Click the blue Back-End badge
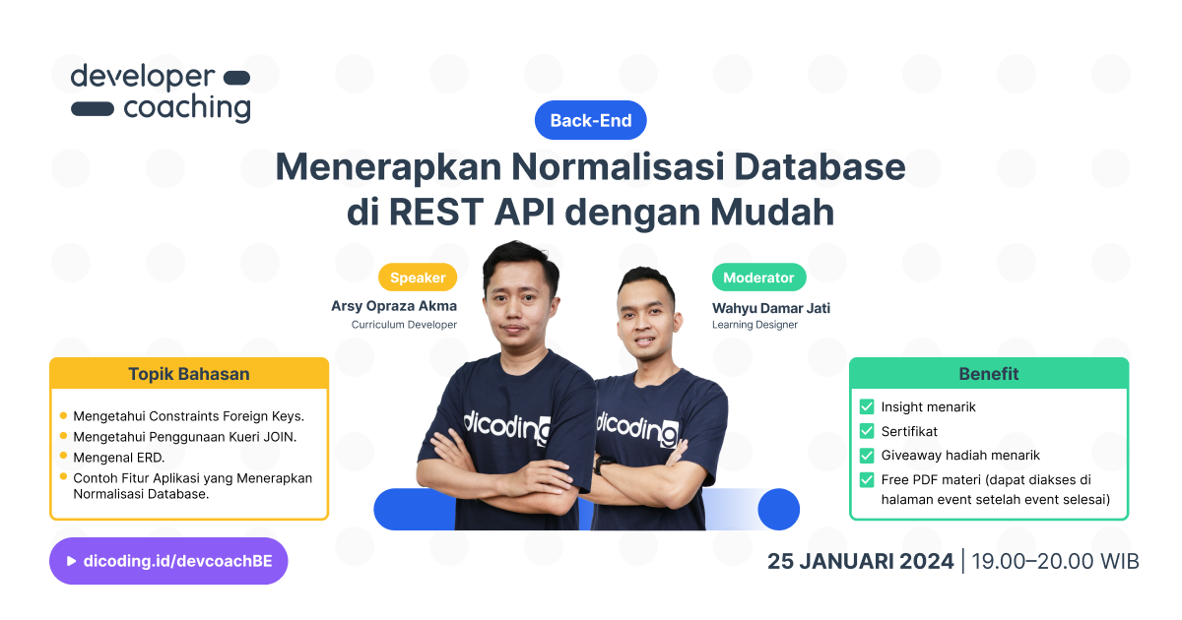pyautogui.click(x=590, y=120)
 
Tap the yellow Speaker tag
pyautogui.click(x=418, y=278)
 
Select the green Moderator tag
pyautogui.click(x=758, y=278)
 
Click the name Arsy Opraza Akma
pyautogui.click(x=394, y=306)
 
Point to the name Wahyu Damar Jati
pyautogui.click(x=771, y=308)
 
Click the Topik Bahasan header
pyautogui.click(x=189, y=374)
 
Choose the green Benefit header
pyautogui.click(x=988, y=374)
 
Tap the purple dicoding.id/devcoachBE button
pyautogui.click(x=168, y=561)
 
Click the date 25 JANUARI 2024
pyautogui.click(x=860, y=562)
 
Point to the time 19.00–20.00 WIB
pyautogui.click(x=1055, y=562)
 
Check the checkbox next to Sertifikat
pyautogui.click(x=867, y=431)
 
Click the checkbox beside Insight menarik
pyautogui.click(x=867, y=406)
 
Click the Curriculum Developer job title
pyautogui.click(x=404, y=325)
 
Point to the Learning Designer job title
pyautogui.click(x=755, y=325)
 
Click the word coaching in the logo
pyautogui.click(x=186, y=108)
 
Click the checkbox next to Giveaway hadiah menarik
pyautogui.click(x=867, y=456)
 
